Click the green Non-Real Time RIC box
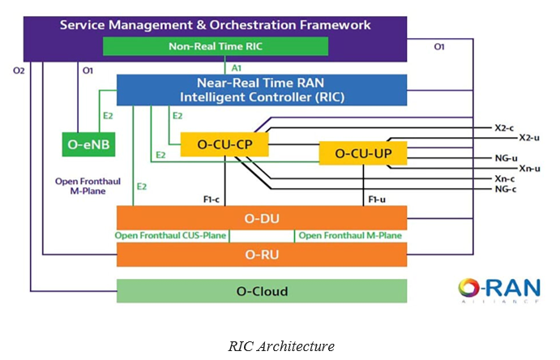click(215, 46)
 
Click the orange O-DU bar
click(261, 217)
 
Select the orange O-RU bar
click(261, 255)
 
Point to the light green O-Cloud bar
click(261, 291)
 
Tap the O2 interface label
click(19, 71)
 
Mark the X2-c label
click(504, 127)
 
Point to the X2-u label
click(528, 138)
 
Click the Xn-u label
click(528, 168)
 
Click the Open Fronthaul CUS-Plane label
click(172, 236)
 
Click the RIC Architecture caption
click(280, 346)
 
